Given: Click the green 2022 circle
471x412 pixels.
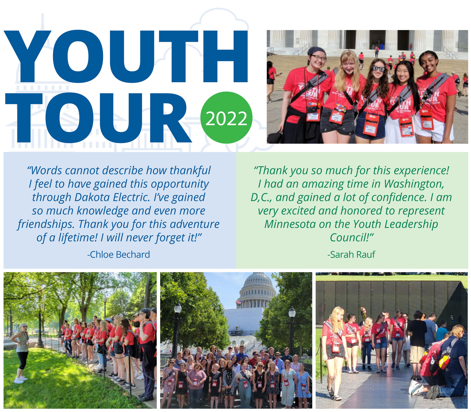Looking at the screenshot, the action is tap(226, 118).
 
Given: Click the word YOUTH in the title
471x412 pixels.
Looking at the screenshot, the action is tap(126, 56).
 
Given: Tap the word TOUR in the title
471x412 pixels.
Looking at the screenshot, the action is tap(98, 118).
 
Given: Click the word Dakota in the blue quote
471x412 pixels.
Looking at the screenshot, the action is tap(92, 197).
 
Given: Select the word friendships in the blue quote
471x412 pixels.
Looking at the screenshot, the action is tap(46, 225).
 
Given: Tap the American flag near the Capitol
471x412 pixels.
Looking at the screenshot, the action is tap(239, 303).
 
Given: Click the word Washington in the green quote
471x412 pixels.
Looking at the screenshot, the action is tap(413, 184).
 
